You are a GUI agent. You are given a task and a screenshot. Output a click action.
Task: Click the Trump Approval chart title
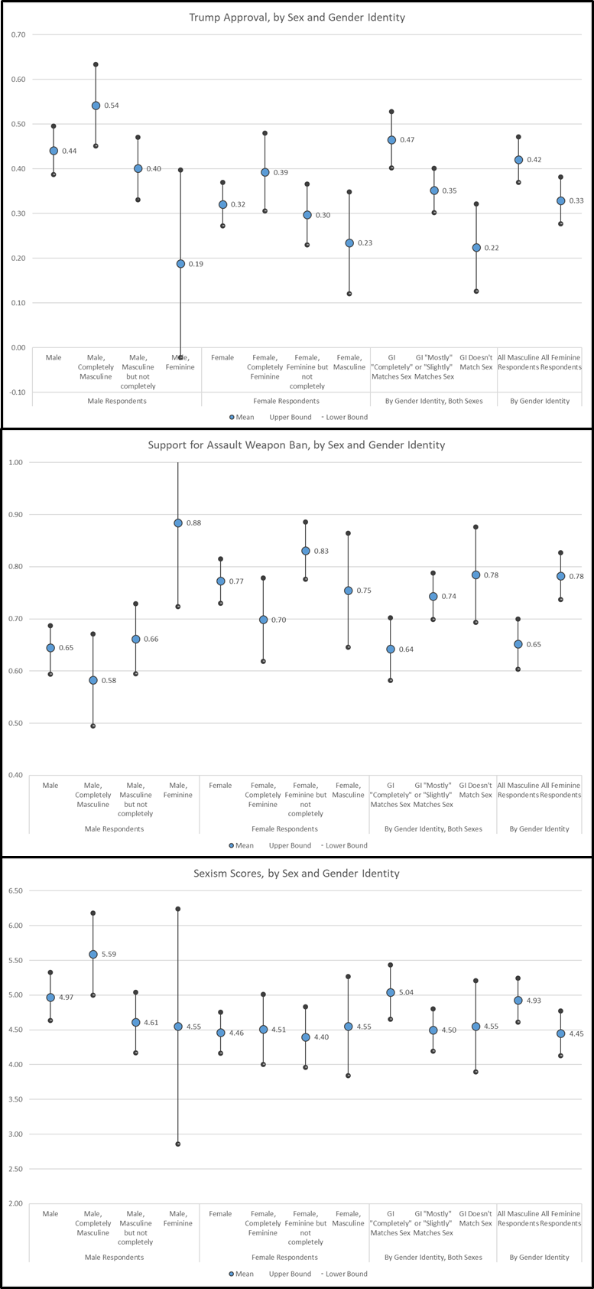(297, 18)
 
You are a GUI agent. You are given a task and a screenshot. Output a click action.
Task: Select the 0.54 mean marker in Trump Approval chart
(96, 106)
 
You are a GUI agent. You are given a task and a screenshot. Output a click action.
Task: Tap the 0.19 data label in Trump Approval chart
(196, 264)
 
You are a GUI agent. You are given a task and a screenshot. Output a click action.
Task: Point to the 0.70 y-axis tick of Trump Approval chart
(18, 34)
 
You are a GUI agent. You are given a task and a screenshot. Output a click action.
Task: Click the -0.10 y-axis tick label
(18, 392)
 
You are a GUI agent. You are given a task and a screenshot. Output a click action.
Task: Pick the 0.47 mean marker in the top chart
(391, 140)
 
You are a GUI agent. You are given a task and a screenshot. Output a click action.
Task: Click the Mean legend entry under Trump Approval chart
(242, 417)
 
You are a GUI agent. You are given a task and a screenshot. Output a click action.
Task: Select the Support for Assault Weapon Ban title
(296, 444)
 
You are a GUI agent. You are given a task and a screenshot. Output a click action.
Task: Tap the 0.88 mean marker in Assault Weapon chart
(178, 523)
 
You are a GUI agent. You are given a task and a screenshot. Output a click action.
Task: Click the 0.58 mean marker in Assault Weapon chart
(93, 680)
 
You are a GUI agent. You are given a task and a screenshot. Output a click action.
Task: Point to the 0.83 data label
(321, 552)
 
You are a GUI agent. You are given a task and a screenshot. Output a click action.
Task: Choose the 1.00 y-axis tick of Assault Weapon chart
(15, 462)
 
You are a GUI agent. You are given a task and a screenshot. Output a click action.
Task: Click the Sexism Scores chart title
(296, 873)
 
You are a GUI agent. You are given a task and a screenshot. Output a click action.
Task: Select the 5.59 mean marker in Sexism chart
(93, 954)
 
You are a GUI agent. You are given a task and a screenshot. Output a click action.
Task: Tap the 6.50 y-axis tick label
(15, 890)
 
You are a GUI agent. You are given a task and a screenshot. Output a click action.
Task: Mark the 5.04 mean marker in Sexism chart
(391, 992)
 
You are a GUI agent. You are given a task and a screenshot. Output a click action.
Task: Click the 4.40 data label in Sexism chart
(321, 1037)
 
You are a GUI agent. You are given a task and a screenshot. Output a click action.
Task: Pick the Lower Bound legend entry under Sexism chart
(344, 1274)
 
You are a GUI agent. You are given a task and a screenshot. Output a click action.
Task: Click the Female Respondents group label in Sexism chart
(284, 1257)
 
